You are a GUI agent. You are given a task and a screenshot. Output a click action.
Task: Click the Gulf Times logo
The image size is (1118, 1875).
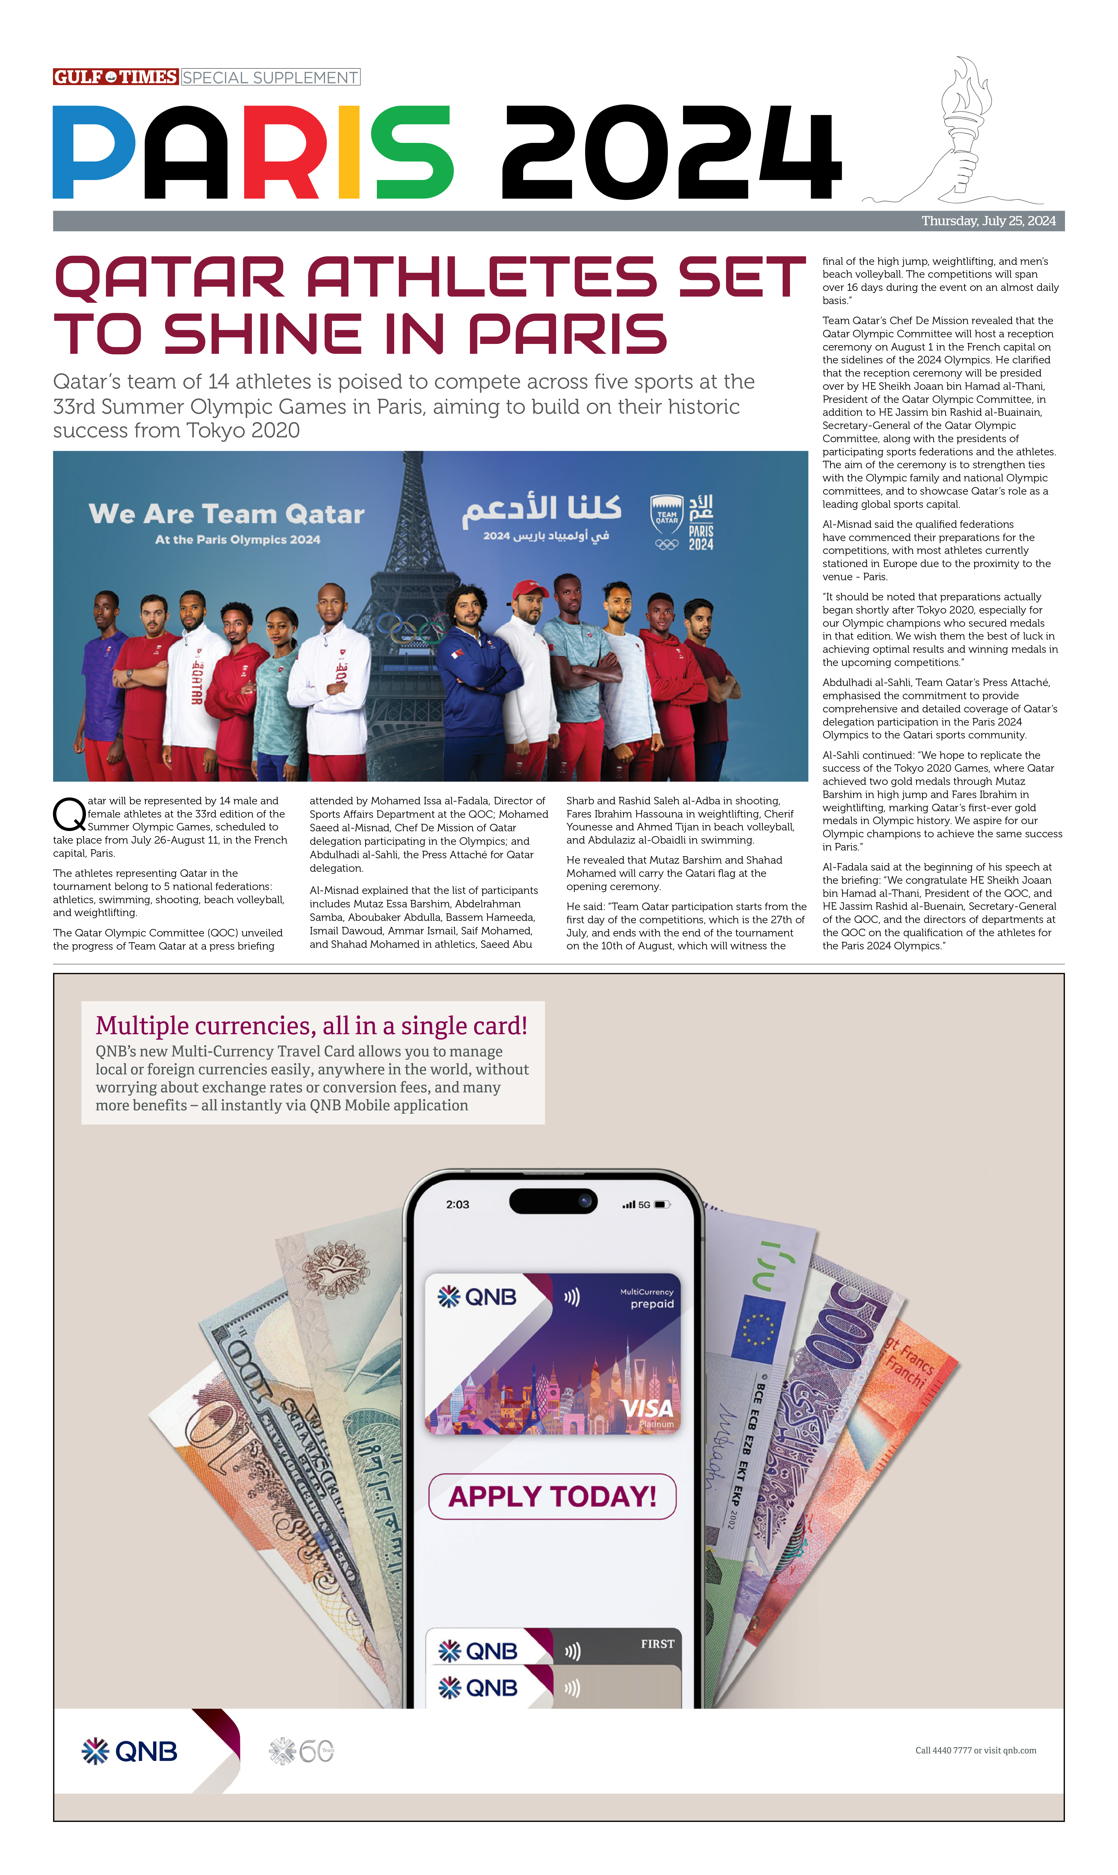click(x=115, y=77)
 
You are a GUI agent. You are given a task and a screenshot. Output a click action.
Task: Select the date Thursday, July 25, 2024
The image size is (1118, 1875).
click(x=988, y=221)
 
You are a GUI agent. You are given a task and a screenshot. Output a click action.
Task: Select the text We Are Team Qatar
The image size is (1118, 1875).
click(x=226, y=514)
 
